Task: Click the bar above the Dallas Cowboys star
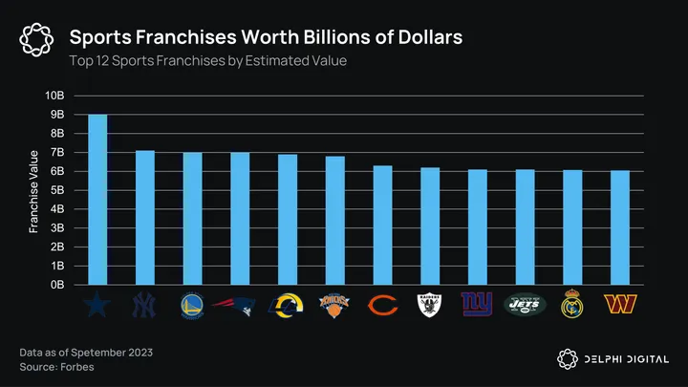[x=97, y=200]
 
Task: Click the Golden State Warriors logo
[x=192, y=305]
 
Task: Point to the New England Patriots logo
[x=240, y=305]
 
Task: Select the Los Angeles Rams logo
[x=287, y=305]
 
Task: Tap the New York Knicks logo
[x=334, y=305]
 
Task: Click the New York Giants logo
[x=477, y=305]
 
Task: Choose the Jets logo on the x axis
[x=525, y=305]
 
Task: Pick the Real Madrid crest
[x=571, y=305]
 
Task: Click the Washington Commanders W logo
[x=619, y=305]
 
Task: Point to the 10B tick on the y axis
[x=54, y=96]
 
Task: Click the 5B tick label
[x=56, y=190]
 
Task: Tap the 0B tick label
[x=56, y=285]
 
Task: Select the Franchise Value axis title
[x=33, y=190]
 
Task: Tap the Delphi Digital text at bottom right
[x=626, y=359]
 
